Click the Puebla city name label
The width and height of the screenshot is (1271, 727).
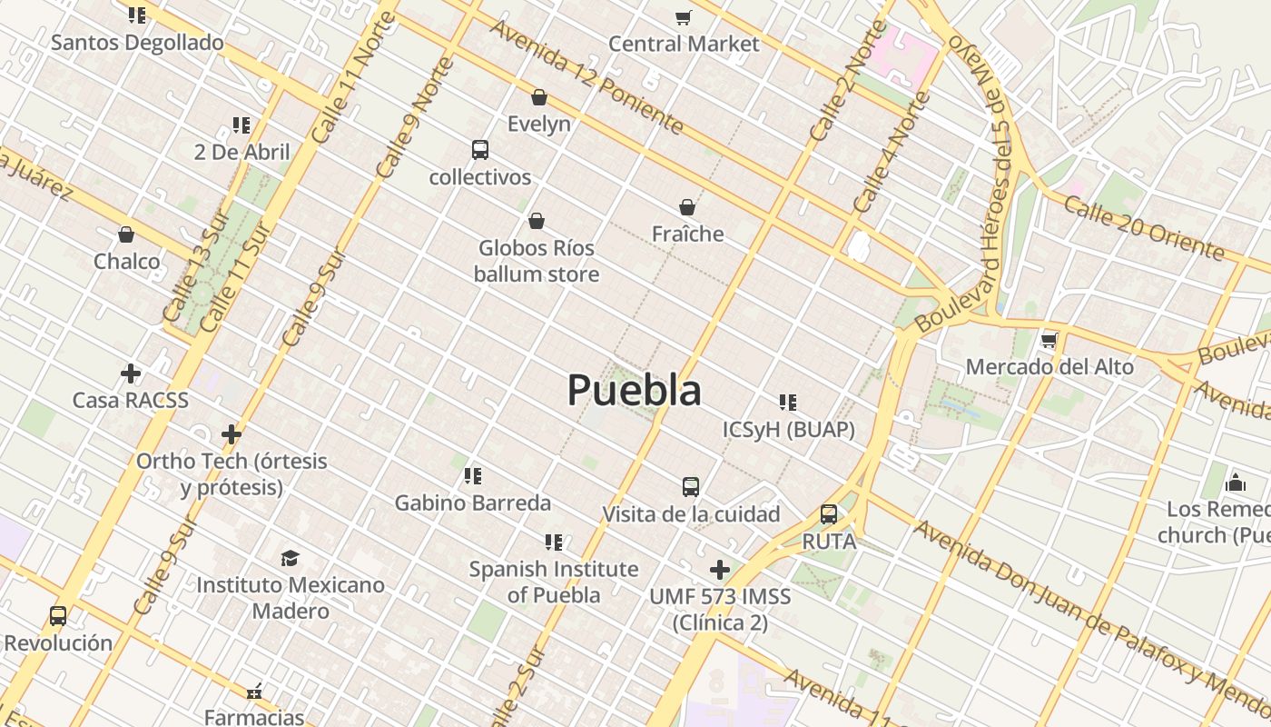pos(635,391)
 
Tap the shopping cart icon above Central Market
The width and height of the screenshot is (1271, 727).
pos(684,17)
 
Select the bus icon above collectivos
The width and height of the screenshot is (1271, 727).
pos(480,150)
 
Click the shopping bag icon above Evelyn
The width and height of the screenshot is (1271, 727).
pos(539,97)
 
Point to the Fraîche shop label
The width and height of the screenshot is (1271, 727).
pos(687,234)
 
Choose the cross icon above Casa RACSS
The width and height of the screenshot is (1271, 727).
pos(131,373)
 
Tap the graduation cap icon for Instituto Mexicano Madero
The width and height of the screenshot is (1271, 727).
pos(291,558)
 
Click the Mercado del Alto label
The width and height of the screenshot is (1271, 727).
pos(1049,367)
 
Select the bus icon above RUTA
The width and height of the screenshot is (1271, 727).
pos(829,514)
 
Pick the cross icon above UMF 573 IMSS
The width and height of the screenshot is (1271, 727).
pos(720,570)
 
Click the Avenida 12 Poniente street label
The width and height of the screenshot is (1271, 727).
pos(586,76)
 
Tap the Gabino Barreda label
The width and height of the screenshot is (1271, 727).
pos(472,503)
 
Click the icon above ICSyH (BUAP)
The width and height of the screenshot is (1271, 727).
pos(788,402)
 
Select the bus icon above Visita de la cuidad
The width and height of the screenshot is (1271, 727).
pos(691,487)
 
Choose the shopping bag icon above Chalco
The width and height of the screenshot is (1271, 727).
pos(126,234)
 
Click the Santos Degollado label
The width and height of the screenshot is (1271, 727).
pos(137,43)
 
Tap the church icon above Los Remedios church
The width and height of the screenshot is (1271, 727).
pos(1236,482)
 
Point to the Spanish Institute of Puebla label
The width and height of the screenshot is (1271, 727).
pos(554,582)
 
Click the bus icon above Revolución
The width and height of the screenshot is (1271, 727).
pos(58,616)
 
